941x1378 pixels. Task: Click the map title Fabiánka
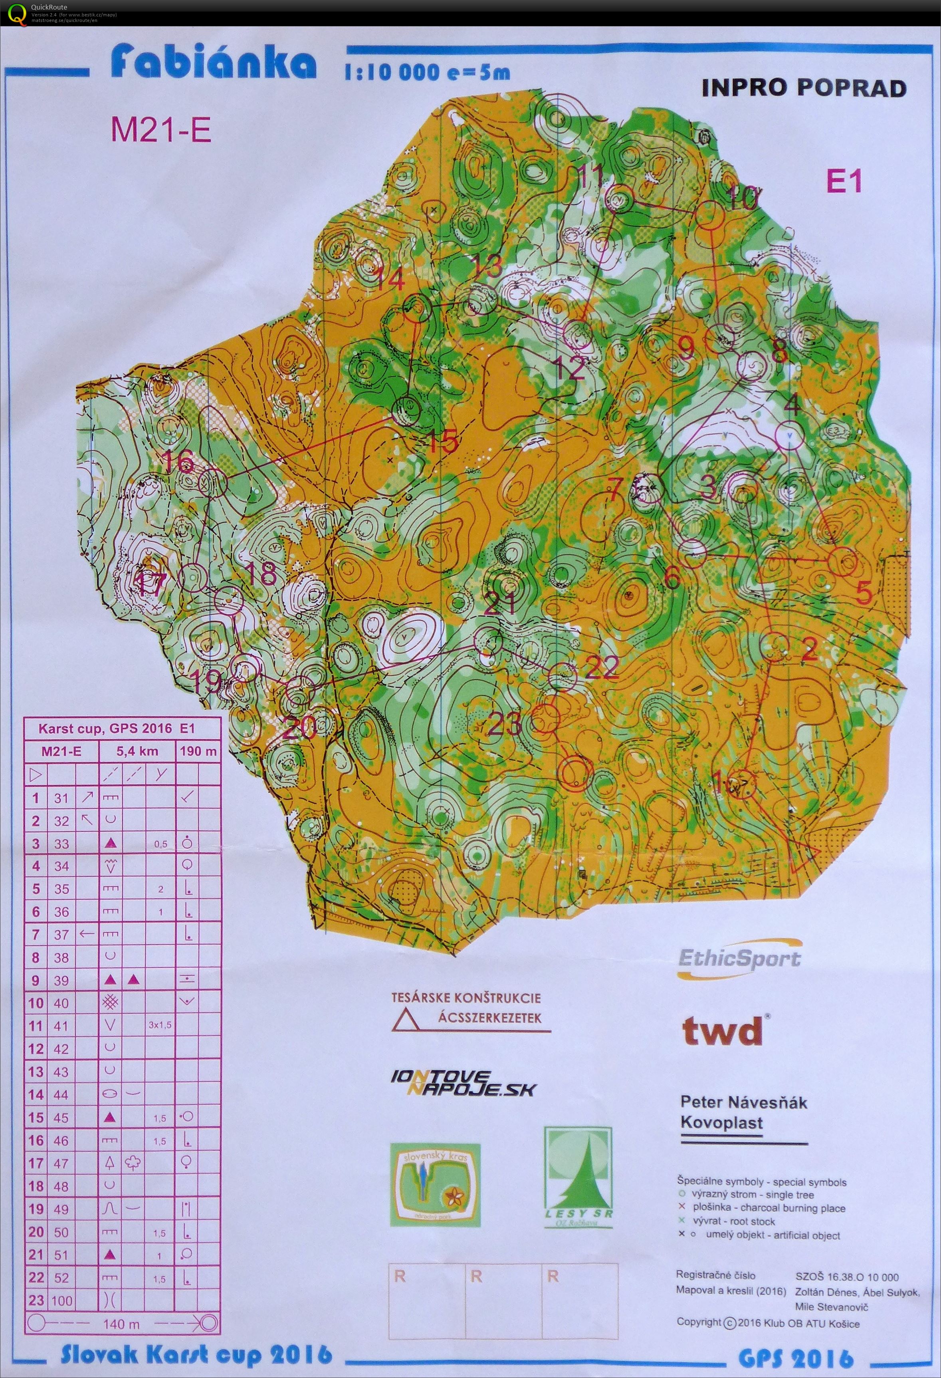pyautogui.click(x=213, y=64)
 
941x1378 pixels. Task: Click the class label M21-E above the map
pyautogui.click(x=161, y=130)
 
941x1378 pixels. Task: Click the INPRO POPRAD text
pyautogui.click(x=804, y=88)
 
